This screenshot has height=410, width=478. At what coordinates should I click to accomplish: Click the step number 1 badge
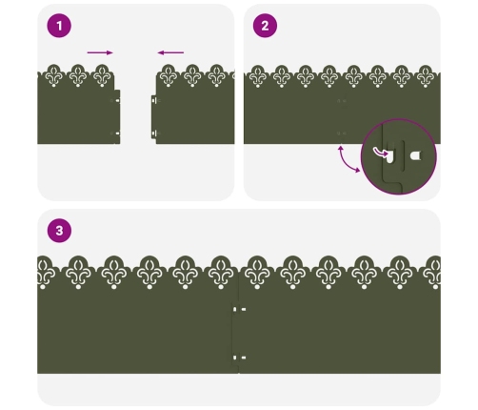tap(59, 26)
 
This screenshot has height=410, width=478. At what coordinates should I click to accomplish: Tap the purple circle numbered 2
tap(265, 26)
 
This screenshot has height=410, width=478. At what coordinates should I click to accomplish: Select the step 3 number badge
tap(59, 231)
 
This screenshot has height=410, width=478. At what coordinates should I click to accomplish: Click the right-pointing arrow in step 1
tap(100, 52)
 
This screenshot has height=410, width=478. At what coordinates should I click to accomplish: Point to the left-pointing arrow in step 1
tap(170, 52)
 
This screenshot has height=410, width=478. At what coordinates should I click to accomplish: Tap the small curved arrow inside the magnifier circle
tap(380, 153)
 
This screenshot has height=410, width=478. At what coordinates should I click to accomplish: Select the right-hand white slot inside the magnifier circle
tap(415, 155)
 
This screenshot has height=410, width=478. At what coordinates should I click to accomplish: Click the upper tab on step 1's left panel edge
tap(117, 100)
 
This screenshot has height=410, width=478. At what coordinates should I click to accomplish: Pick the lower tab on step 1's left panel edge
tap(117, 133)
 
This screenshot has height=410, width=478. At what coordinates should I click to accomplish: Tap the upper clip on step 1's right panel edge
tap(154, 100)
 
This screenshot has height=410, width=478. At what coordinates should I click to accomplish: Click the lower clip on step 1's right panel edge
tap(154, 133)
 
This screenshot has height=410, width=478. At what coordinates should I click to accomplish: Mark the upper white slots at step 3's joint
tap(239, 309)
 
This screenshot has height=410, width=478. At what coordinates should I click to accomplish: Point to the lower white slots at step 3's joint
tap(239, 358)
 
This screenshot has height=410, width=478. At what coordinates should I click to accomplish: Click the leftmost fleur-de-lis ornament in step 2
tap(257, 76)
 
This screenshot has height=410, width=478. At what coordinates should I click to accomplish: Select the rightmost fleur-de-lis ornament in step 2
tap(426, 76)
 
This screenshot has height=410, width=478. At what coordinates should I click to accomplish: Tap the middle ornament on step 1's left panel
tap(78, 75)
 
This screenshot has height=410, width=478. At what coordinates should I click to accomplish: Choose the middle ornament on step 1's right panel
tap(192, 75)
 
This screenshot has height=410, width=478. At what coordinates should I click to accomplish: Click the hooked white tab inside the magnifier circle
tap(389, 156)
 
